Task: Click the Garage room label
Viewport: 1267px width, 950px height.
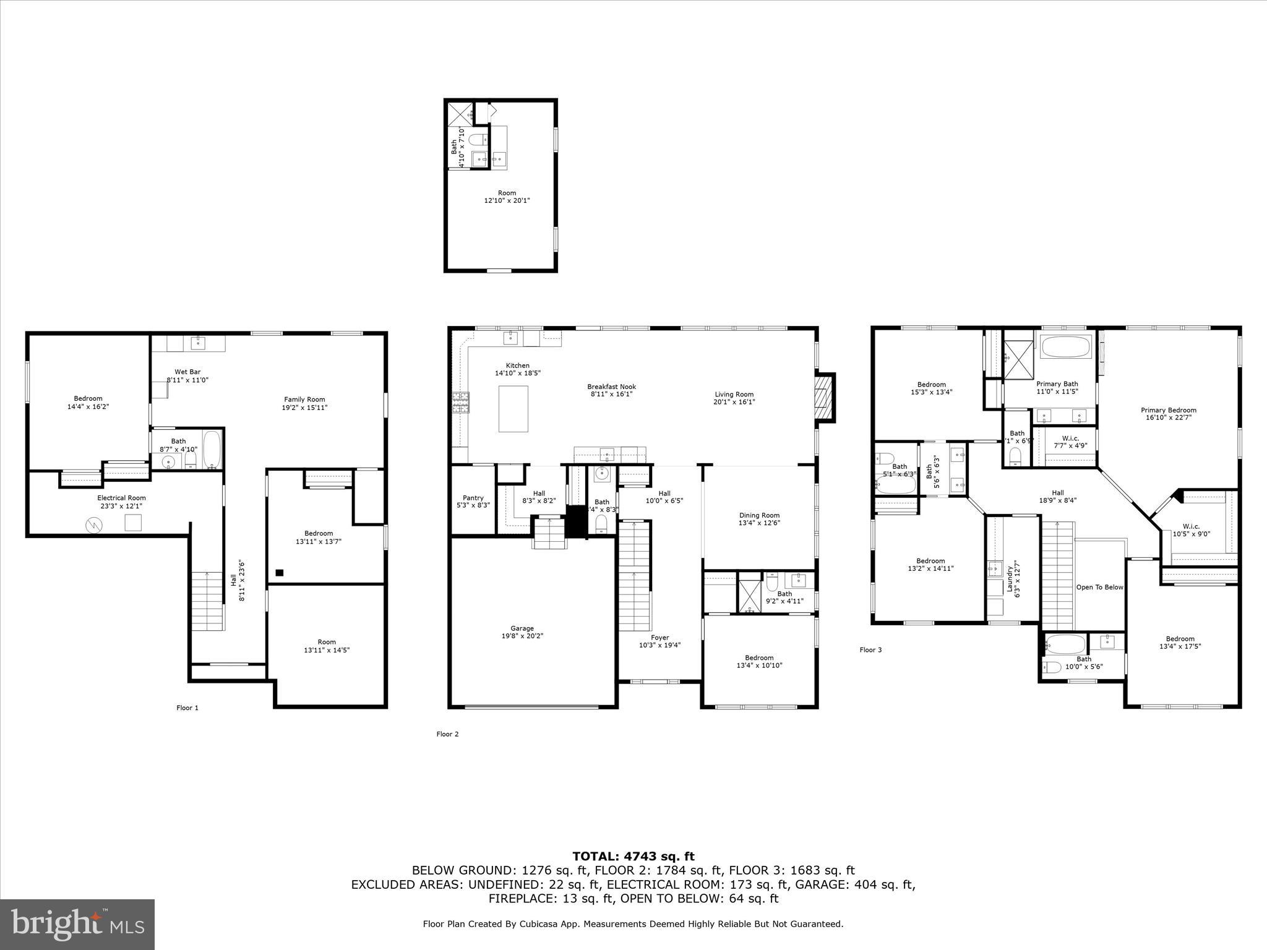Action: point(522,628)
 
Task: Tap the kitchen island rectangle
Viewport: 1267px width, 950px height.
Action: point(513,409)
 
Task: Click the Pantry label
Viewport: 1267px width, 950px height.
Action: point(473,498)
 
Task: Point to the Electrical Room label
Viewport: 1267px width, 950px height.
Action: point(121,498)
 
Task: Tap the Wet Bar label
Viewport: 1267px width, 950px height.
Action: point(187,372)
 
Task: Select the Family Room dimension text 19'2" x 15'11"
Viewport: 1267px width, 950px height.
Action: point(304,408)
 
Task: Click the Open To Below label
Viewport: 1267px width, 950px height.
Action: point(1099,587)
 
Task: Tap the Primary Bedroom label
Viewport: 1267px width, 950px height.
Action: point(1168,410)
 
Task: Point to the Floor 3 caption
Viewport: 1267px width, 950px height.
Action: point(870,649)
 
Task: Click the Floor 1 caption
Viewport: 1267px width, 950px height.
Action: point(187,708)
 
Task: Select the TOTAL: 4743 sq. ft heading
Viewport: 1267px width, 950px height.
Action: point(633,856)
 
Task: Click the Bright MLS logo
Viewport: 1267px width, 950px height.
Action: point(77,924)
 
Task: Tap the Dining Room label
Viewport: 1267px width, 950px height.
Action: point(759,515)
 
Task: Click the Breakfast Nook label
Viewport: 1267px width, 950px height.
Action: point(611,387)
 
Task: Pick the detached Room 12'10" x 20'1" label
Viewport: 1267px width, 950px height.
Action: point(507,197)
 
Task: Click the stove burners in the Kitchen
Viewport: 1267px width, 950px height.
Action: point(461,403)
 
